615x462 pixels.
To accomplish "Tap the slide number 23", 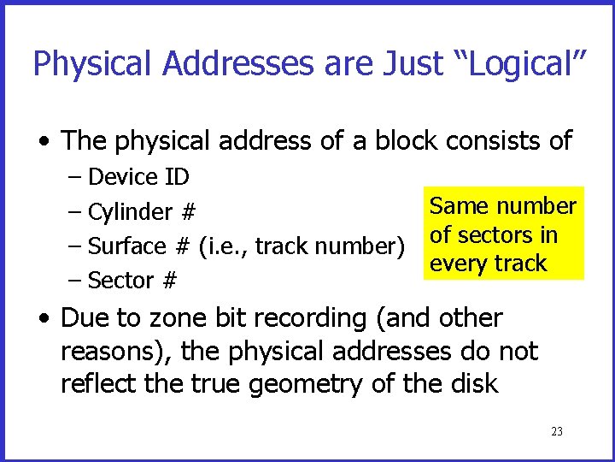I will pyautogui.click(x=557, y=432).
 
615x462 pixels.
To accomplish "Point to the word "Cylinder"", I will pyautogui.click(x=129, y=212).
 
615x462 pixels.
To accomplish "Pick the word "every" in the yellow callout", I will pyautogui.click(x=458, y=264).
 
